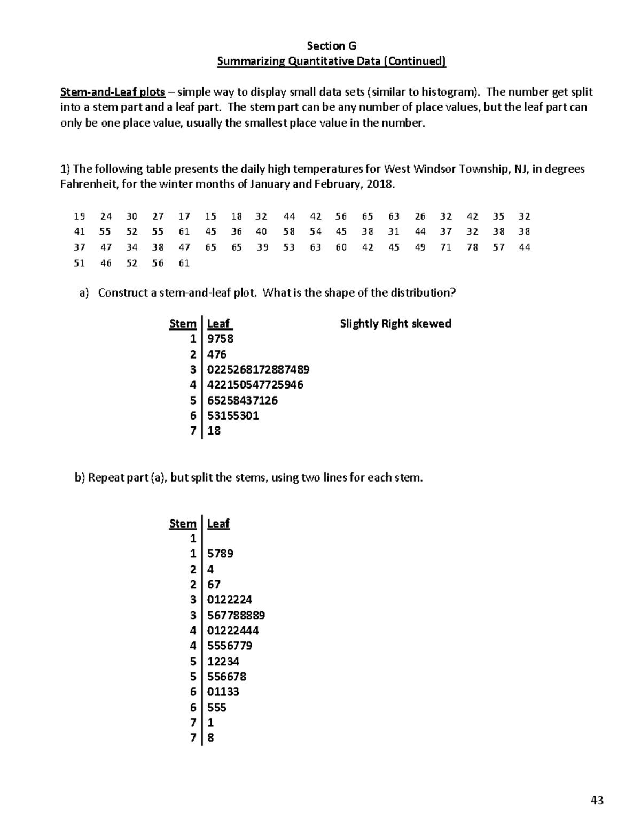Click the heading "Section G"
pyautogui.click(x=331, y=46)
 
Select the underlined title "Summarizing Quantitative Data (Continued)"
pyautogui.click(x=331, y=61)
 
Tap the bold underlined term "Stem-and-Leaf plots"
pyautogui.click(x=112, y=92)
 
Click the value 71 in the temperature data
pyautogui.click(x=446, y=247)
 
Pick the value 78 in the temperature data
pyautogui.click(x=472, y=247)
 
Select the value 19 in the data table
pyautogui.click(x=80, y=216)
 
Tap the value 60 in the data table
pyautogui.click(x=341, y=247)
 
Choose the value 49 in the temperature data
pyautogui.click(x=420, y=247)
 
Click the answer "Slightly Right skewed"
pyautogui.click(x=395, y=324)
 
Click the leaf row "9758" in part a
pyautogui.click(x=220, y=339)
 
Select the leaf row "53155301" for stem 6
pyautogui.click(x=233, y=416)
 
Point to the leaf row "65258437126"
pyautogui.click(x=242, y=400)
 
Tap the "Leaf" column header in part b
pyautogui.click(x=218, y=524)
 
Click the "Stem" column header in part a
pyautogui.click(x=183, y=324)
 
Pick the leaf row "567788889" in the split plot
pyautogui.click(x=236, y=616)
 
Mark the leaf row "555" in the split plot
pyautogui.click(x=217, y=708)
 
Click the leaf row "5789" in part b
pyautogui.click(x=220, y=554)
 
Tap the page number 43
pyautogui.click(x=597, y=800)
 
